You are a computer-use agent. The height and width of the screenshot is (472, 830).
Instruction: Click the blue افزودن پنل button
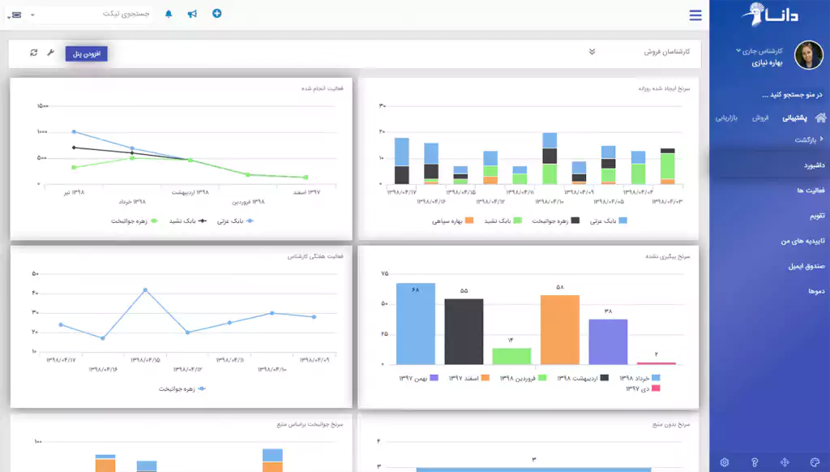pos(86,54)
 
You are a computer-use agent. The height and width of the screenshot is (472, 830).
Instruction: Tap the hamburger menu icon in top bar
pos(695,15)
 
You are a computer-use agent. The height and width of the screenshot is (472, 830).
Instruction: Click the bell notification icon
pos(169,15)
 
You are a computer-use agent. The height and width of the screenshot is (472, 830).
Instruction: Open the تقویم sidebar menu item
pos(815,216)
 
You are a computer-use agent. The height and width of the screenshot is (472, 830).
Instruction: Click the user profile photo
pos(808,55)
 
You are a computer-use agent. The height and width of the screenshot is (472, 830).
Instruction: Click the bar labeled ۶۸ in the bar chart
pos(416,324)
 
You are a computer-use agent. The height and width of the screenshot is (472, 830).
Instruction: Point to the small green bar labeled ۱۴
pos(511,356)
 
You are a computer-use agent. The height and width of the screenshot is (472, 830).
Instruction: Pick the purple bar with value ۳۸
pos(608,341)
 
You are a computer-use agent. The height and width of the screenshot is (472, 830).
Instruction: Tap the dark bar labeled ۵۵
pos(464,332)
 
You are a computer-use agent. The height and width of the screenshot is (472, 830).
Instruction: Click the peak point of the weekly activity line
pos(145,290)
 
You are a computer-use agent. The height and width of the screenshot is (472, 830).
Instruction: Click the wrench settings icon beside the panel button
pos(51,53)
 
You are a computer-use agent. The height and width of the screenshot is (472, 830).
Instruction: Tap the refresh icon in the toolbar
pos(33,53)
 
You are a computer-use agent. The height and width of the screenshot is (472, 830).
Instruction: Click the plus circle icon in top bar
pos(216,14)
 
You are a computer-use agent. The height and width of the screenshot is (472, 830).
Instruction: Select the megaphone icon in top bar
pos(192,15)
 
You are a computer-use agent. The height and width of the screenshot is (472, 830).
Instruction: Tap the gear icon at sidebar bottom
pos(724,462)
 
